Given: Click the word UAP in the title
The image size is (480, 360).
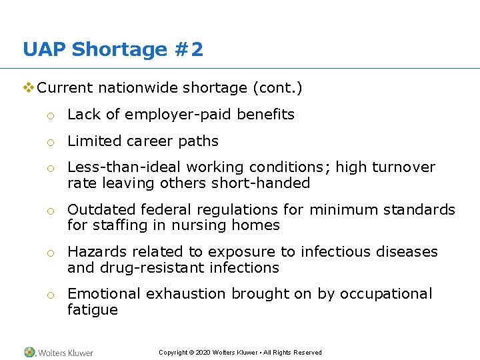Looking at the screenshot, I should (x=44, y=49).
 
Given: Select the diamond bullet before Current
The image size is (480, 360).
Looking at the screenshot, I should (x=28, y=87).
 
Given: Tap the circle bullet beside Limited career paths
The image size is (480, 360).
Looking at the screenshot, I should (x=49, y=142).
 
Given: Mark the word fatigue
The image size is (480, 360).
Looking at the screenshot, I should (x=93, y=310).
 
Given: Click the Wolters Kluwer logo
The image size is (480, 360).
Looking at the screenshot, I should (x=59, y=352).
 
